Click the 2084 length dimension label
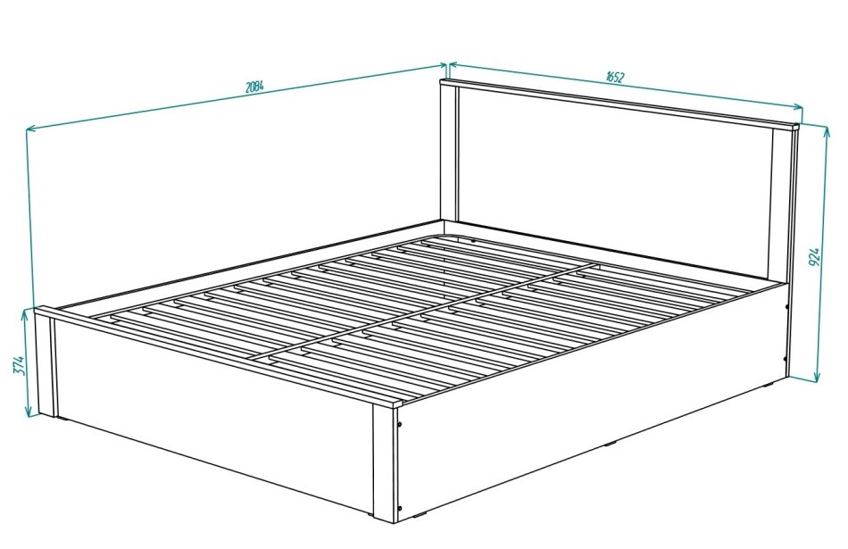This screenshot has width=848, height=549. click(254, 87)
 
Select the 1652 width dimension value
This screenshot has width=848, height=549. click(615, 77)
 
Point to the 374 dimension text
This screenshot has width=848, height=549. click(19, 365)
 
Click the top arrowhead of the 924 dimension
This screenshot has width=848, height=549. click(826, 131)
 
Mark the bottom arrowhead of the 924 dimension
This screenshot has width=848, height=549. click(818, 377)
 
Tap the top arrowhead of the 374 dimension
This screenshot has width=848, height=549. click(25, 315)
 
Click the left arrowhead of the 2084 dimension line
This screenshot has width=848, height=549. click(32, 129)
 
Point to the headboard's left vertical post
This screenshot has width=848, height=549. click(449, 153)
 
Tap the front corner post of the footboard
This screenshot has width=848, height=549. click(385, 463)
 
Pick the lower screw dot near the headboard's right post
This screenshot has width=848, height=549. click(786, 358)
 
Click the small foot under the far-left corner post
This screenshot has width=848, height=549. click(62, 419)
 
